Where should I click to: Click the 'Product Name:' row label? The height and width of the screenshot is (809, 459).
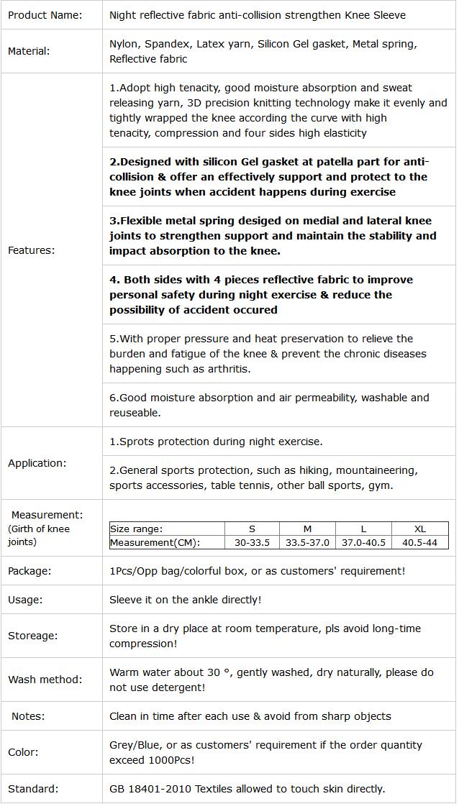coord(45,14)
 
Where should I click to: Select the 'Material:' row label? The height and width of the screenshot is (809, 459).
coord(29,51)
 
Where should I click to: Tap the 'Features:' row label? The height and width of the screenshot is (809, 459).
coord(31,250)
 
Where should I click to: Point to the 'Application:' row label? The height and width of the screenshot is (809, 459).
coord(37,463)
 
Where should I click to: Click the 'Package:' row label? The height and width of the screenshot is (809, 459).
coord(29,571)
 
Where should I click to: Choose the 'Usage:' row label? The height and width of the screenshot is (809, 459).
coord(25,600)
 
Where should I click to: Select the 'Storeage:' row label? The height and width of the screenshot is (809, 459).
coord(33,636)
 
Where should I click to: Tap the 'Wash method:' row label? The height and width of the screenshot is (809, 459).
coord(45,680)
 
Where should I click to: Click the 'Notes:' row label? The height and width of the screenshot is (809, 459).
coord(28,716)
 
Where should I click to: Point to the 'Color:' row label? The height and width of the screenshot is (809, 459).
coord(23,752)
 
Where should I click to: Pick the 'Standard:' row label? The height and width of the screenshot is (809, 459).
coord(32,789)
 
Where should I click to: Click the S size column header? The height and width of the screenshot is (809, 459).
coord(252,529)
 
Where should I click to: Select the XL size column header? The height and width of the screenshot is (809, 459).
coord(420,529)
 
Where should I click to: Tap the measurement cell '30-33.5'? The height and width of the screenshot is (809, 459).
coord(252,542)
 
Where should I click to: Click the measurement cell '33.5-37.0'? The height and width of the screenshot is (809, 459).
coord(307,542)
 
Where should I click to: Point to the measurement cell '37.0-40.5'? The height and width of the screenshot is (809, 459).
coord(363,542)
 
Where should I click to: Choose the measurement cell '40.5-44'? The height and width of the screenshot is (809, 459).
coord(420,542)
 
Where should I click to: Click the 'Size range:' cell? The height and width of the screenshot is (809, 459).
coord(136,529)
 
